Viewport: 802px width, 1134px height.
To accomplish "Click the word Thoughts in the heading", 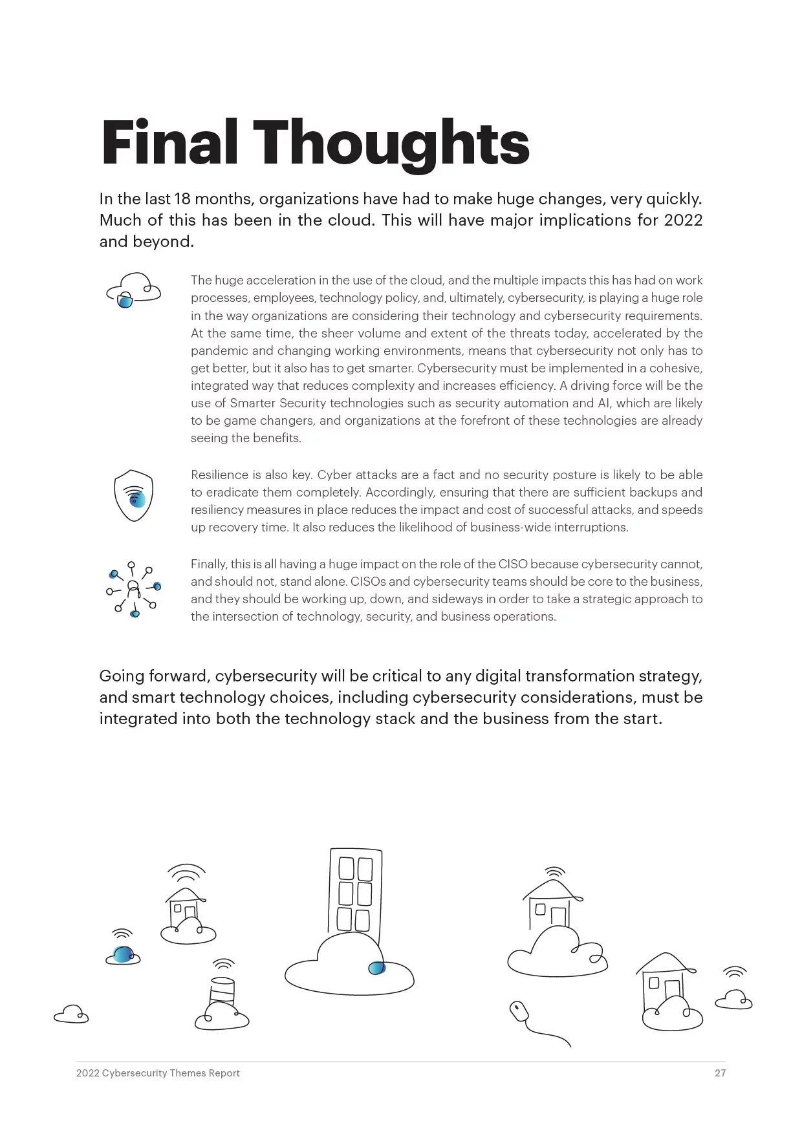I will [391, 144].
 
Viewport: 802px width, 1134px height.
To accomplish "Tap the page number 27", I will [720, 1073].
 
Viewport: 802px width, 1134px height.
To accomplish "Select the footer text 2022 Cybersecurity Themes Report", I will [158, 1073].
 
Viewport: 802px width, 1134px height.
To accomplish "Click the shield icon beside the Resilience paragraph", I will [133, 496].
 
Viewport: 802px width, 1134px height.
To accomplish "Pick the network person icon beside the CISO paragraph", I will [133, 589].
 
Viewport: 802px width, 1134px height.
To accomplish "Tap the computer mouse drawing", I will [519, 1011].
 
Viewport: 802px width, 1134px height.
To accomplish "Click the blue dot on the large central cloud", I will [376, 968].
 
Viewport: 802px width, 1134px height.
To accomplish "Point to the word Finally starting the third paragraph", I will [208, 564].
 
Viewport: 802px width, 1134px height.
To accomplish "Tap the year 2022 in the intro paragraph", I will [683, 220].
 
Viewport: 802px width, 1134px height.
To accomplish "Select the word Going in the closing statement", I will [122, 676].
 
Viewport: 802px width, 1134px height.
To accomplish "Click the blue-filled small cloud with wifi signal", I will [122, 955].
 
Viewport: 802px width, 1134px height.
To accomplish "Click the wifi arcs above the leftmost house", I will [186, 873].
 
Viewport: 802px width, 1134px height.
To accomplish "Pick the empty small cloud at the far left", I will [71, 1014].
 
